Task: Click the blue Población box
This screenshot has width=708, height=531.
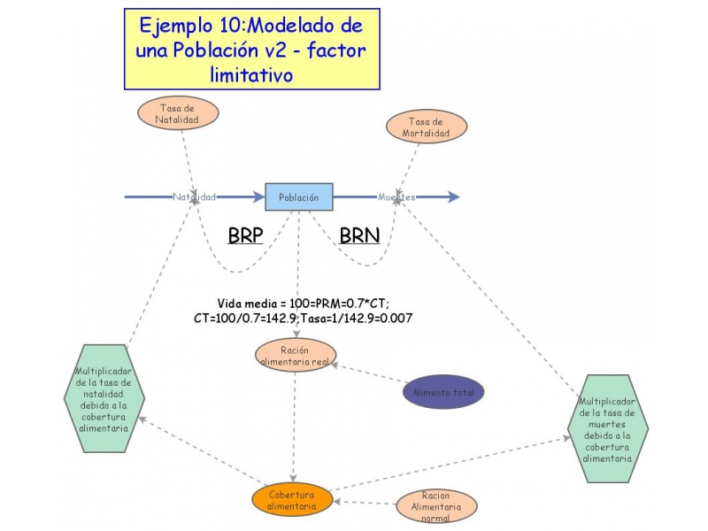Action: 299,196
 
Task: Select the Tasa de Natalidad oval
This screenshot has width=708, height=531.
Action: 177,112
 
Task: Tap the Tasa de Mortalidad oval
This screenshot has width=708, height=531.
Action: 424,127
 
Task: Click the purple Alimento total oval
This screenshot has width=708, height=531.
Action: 443,391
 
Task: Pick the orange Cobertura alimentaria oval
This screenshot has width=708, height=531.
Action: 292,501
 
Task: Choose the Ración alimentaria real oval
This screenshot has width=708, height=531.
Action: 294,356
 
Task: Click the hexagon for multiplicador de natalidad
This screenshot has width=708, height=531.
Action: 104,399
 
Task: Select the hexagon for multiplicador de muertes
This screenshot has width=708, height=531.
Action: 607,430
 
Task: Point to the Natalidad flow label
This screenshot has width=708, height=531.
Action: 195,196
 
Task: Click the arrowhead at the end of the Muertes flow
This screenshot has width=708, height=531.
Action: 453,196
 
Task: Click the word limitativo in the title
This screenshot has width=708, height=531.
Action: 251,74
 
